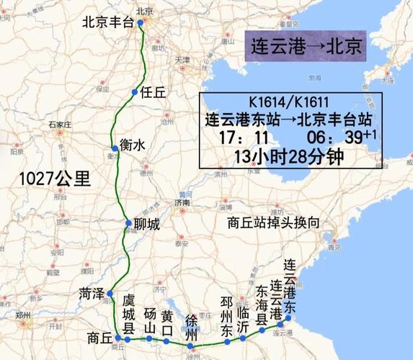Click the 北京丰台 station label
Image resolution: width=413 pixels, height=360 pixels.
pyautogui.click(x=109, y=22)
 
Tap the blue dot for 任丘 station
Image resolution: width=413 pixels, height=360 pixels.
pyautogui.click(x=135, y=92)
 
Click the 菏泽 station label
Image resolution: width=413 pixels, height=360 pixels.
pyautogui.click(x=93, y=293)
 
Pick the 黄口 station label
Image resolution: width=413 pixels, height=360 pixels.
pyautogui.click(x=167, y=322)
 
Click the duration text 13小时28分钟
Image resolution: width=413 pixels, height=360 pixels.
pyautogui.click(x=287, y=155)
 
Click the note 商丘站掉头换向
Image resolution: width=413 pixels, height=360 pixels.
pyautogui.click(x=272, y=223)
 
